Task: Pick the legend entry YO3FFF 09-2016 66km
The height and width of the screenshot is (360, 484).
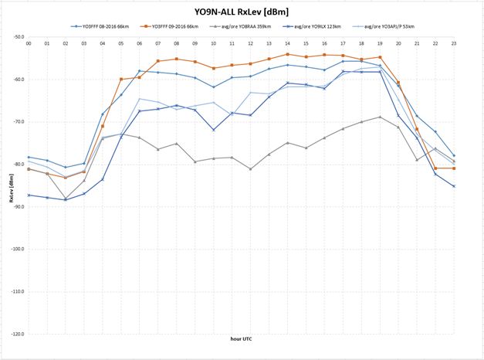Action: [186, 27]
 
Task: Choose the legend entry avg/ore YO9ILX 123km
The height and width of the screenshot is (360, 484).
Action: [337, 27]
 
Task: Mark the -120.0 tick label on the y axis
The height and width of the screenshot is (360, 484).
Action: [18, 334]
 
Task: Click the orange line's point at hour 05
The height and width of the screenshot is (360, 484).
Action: [121, 79]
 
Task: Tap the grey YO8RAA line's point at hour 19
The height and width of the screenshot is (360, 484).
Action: [380, 117]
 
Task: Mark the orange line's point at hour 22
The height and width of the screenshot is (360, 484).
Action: [435, 168]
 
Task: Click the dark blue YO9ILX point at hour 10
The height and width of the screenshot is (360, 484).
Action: [214, 130]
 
